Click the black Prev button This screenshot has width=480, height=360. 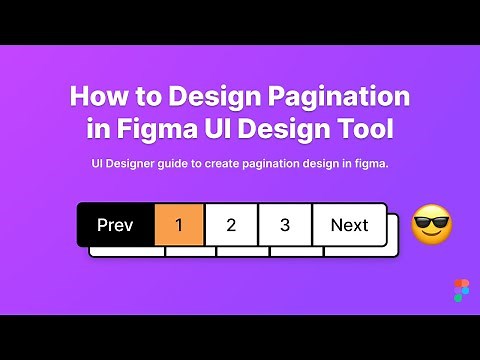[x=115, y=225]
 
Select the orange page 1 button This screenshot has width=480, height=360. [x=179, y=225]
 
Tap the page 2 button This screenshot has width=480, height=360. [x=231, y=225]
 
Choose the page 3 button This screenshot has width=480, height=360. [x=285, y=225]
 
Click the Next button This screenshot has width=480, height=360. [x=349, y=225]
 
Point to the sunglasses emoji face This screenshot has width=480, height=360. [x=432, y=226]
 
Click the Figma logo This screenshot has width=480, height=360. [x=460, y=290]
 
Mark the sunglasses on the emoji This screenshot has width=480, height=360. [x=432, y=221]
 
